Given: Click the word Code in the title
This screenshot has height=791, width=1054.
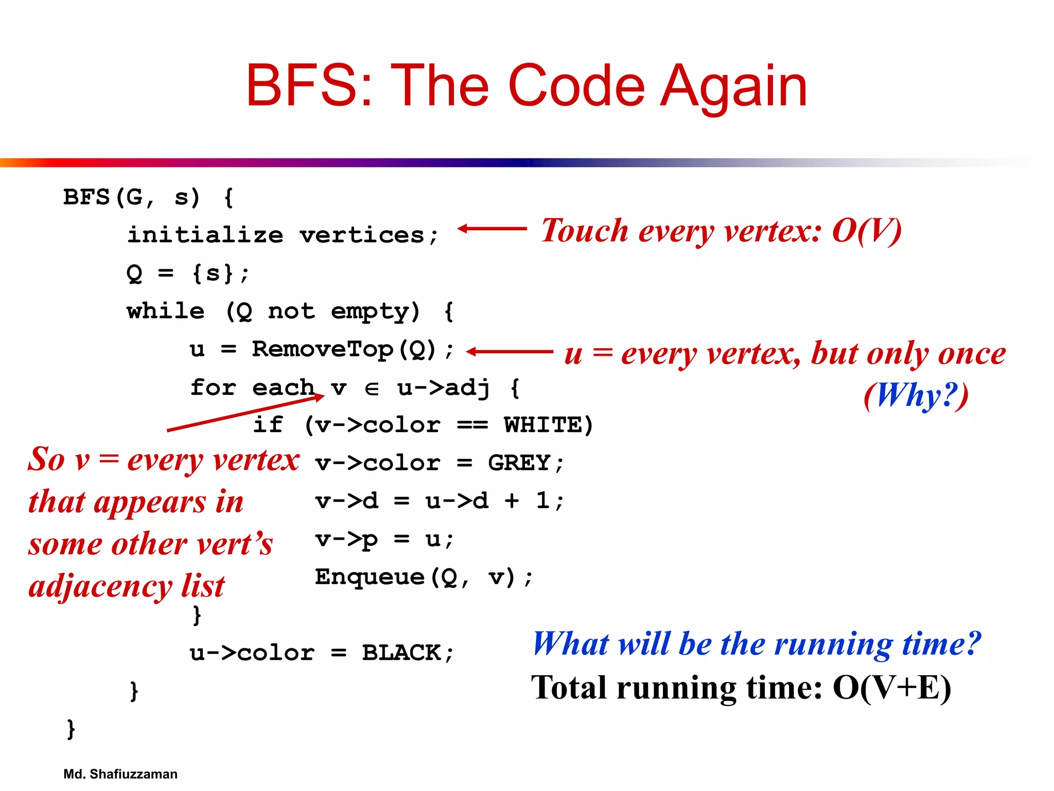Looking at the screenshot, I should (x=576, y=86).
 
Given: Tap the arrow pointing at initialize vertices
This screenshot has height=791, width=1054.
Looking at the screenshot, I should (x=492, y=228).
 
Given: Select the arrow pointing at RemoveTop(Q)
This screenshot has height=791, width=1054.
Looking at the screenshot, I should (x=509, y=352).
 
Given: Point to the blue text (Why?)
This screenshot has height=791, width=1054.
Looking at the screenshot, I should (x=916, y=395).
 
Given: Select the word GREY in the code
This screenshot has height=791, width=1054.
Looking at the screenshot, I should (x=519, y=463).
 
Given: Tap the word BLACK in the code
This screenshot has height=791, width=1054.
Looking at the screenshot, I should (x=401, y=653).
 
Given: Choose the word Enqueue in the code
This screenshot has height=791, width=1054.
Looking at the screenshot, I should (x=370, y=577).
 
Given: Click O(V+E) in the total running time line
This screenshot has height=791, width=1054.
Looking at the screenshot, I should (x=892, y=687).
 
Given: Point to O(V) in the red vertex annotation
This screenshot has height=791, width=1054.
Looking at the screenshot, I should (x=867, y=230).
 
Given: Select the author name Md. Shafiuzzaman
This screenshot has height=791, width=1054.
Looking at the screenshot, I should (x=120, y=774).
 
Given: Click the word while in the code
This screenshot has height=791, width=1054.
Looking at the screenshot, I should (x=166, y=312).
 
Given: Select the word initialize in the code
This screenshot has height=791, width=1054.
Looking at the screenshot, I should (x=205, y=235).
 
